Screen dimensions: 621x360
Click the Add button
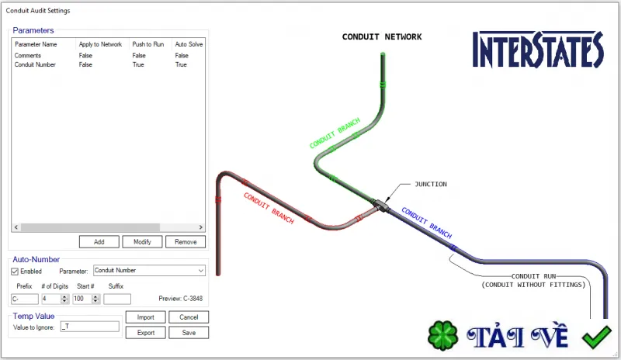tap(99, 241)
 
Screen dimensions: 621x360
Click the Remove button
tap(186, 241)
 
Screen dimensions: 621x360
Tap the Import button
tap(146, 317)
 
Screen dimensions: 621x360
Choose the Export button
tap(146, 333)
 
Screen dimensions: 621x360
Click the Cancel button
tap(189, 317)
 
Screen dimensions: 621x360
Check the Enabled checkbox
tap(15, 272)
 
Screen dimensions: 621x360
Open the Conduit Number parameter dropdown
tap(149, 271)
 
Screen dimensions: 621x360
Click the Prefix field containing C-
tap(25, 299)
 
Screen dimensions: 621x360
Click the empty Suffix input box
tap(117, 299)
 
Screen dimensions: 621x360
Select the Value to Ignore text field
tap(90, 327)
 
